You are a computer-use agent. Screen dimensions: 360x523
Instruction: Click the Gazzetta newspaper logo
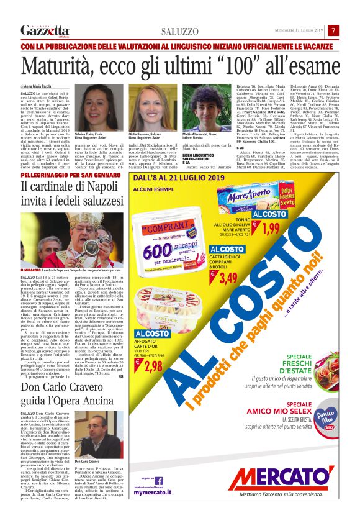pos(45,30)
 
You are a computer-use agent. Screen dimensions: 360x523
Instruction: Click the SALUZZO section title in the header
pos(180,31)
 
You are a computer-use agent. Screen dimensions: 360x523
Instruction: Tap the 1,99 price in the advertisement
pos(271,229)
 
